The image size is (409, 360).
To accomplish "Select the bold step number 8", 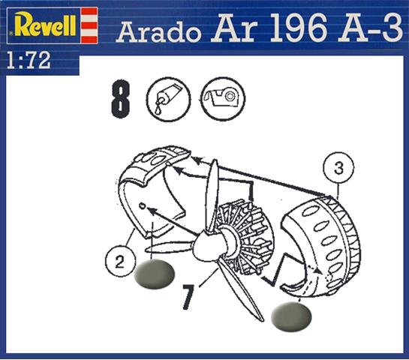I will point(121,98).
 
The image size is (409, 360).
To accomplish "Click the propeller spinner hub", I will point(203,248).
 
